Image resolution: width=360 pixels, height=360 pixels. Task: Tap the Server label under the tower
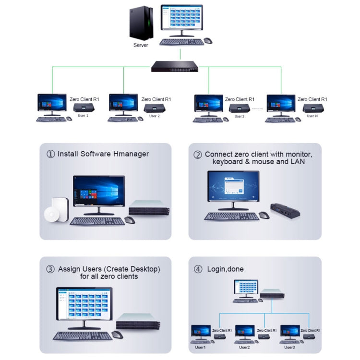pyautogui.click(x=141, y=46)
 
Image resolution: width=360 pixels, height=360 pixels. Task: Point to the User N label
pyautogui.click(x=312, y=116)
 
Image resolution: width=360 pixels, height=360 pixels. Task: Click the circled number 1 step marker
pyautogui.click(x=50, y=154)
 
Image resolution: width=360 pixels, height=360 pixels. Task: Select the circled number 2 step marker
pyautogui.click(x=197, y=155)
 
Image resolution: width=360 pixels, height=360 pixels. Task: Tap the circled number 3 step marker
pyautogui.click(x=50, y=269)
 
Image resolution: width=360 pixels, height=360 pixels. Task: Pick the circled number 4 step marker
pyautogui.click(x=198, y=269)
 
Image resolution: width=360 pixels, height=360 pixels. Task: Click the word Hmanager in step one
pyautogui.click(x=132, y=154)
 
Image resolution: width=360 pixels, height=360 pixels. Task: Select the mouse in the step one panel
pyautogui.click(x=130, y=220)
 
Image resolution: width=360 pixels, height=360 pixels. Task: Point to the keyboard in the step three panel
pyautogui.click(x=83, y=336)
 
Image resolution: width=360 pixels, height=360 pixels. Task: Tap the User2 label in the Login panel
pyautogui.click(x=244, y=347)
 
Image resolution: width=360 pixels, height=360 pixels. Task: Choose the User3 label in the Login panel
pyautogui.click(x=289, y=347)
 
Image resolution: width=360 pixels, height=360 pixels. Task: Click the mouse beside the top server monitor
pyautogui.click(x=208, y=41)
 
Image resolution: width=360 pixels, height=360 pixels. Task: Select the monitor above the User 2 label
pyautogui.click(x=123, y=103)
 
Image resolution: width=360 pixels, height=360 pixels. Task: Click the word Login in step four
pyautogui.click(x=215, y=269)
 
